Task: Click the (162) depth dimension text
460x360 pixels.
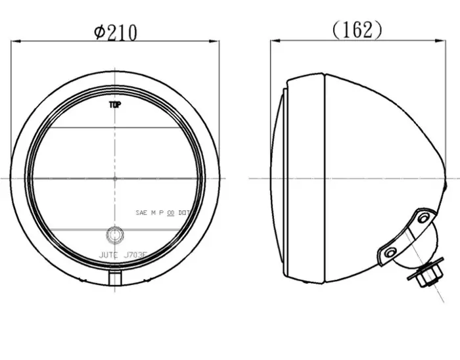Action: (x=357, y=30)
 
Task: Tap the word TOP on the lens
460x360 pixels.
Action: (x=114, y=104)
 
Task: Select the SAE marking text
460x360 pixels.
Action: (x=141, y=213)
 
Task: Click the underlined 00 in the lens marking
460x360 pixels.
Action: (x=172, y=213)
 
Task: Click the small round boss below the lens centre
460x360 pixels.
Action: (x=115, y=234)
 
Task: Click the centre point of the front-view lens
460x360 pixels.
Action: (x=115, y=178)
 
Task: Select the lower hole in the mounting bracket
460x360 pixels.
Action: (x=389, y=252)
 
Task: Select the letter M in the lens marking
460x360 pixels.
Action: (x=153, y=213)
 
